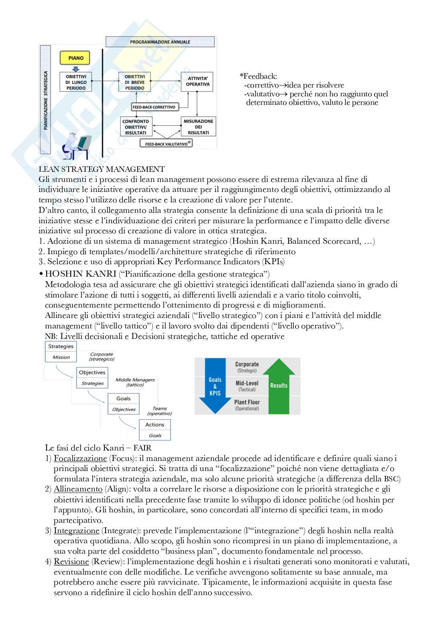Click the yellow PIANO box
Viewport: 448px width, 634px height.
pos(75,58)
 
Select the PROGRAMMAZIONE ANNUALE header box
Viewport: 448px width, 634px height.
pos(160,42)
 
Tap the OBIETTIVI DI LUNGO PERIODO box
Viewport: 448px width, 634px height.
pos(76,82)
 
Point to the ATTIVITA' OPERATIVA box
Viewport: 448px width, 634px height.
pos(198,82)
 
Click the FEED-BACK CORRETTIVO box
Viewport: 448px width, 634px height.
pos(155,107)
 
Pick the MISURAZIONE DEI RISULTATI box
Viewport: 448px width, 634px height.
pos(198,126)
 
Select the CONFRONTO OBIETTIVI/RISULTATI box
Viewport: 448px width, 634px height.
pos(136,126)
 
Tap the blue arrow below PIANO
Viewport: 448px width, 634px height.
pos(75,69)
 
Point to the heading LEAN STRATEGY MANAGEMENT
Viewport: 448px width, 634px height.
pos(102,169)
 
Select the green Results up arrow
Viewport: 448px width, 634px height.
pos(279,385)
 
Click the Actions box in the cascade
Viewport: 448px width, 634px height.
pos(155,425)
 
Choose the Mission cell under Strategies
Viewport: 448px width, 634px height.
pos(61,357)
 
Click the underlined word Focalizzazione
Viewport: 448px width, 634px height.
pos(80,458)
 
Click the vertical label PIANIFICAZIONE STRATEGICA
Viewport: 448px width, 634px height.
pos(45,100)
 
